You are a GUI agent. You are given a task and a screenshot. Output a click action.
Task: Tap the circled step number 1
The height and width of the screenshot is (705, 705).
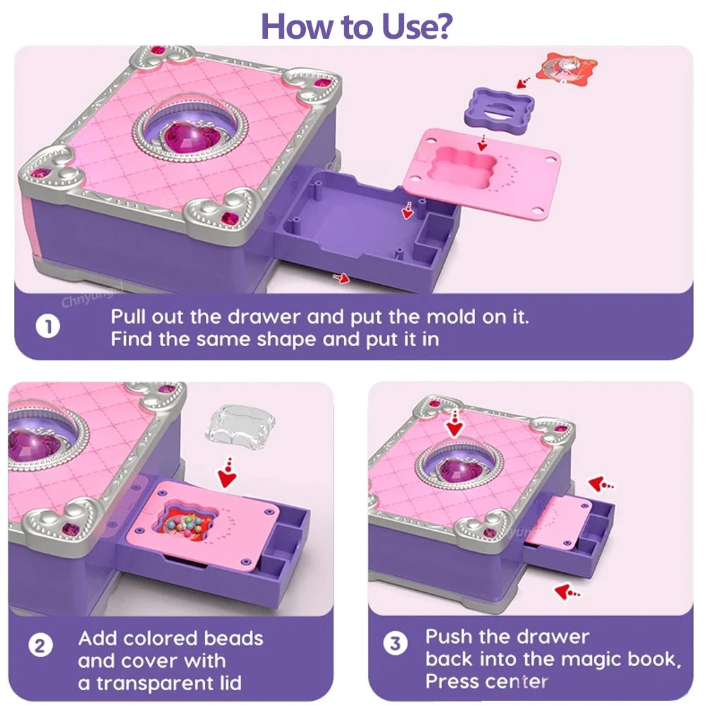(x=48, y=328)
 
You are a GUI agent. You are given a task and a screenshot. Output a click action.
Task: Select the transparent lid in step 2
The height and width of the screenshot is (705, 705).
(x=236, y=429)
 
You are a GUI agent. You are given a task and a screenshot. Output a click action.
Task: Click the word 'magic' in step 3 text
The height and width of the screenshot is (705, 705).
(x=594, y=659)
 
